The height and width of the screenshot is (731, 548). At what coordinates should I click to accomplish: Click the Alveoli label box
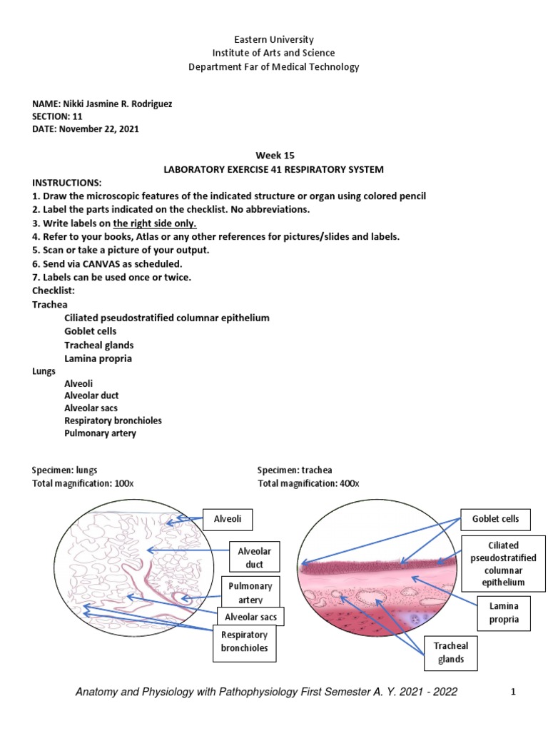[228, 519]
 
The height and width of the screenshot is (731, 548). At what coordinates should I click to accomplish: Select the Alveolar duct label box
[254, 557]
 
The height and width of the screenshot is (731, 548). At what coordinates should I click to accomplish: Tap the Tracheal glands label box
[450, 652]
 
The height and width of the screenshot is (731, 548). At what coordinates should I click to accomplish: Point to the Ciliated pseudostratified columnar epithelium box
[504, 563]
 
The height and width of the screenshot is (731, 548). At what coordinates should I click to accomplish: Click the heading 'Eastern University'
[274, 39]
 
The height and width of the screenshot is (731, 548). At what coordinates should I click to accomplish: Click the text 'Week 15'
[274, 156]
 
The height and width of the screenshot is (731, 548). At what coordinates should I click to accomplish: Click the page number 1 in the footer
[512, 692]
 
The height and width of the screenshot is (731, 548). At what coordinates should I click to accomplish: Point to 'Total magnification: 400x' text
[308, 483]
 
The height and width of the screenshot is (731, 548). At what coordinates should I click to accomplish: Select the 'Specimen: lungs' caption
[64, 470]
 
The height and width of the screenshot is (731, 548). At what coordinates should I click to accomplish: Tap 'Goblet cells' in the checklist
[90, 331]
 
